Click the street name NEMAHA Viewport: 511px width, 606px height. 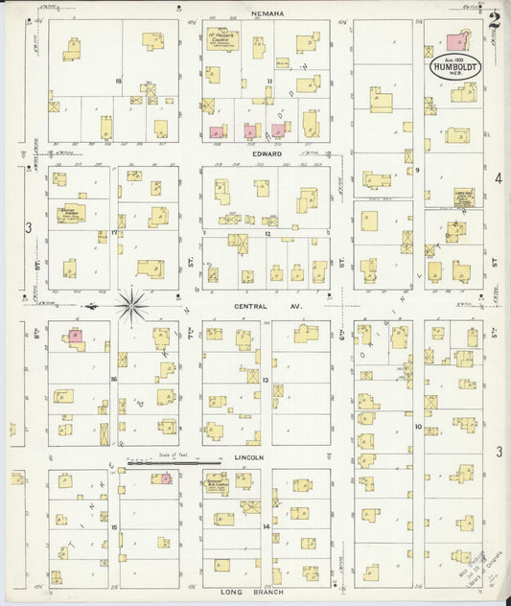click(x=267, y=13)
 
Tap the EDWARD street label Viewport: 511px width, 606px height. click(x=267, y=153)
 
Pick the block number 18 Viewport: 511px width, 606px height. click(x=118, y=82)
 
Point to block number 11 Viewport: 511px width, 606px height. click(x=269, y=82)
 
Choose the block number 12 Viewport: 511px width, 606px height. click(x=268, y=233)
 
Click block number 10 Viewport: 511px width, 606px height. click(x=418, y=426)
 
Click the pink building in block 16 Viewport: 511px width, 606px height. click(x=74, y=336)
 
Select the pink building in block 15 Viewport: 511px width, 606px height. click(x=165, y=478)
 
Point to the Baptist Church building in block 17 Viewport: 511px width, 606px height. click(x=71, y=213)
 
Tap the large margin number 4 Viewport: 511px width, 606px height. click(x=498, y=178)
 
